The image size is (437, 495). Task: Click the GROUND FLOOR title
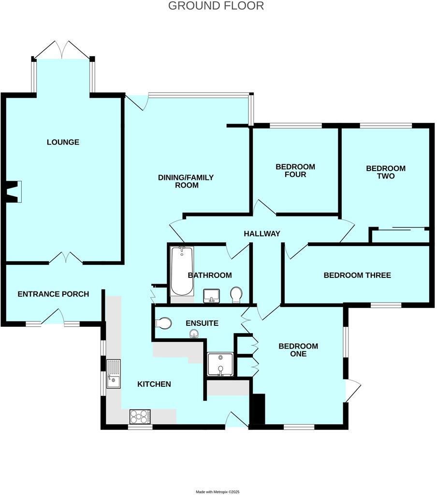(x=216, y=6)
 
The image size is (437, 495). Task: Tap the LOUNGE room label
(x=63, y=142)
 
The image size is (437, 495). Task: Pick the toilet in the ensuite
(x=163, y=323)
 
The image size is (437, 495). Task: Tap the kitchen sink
(x=113, y=374)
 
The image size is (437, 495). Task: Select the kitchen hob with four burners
(x=140, y=416)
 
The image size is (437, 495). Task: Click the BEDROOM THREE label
(x=357, y=275)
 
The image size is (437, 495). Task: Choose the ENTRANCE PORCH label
(x=53, y=294)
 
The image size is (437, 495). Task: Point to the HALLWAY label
(x=262, y=233)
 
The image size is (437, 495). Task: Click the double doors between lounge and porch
(x=66, y=258)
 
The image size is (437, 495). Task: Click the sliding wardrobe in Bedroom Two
(x=400, y=234)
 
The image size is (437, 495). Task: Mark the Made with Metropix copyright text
(x=218, y=492)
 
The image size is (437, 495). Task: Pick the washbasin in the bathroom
(x=211, y=295)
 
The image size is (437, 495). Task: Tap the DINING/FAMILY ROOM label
(x=186, y=181)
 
